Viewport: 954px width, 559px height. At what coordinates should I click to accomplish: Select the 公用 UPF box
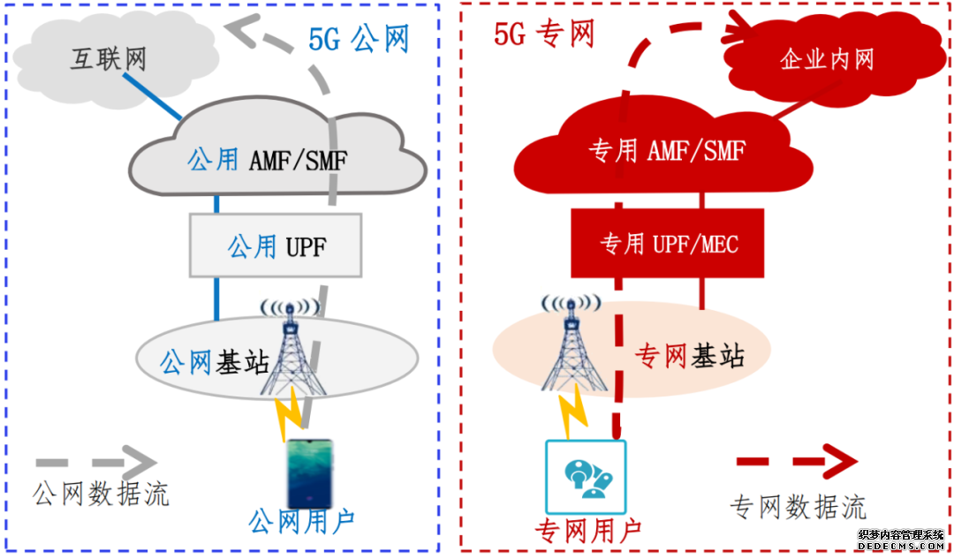(276, 246)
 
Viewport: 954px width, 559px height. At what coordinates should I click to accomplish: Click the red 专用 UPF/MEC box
(668, 244)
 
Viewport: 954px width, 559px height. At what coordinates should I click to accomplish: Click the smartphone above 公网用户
(309, 473)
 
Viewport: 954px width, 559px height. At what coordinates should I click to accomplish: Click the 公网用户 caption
(302, 522)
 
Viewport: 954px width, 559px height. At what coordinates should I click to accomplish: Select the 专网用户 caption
(587, 530)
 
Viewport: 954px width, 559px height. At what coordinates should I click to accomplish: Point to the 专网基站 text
(690, 356)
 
